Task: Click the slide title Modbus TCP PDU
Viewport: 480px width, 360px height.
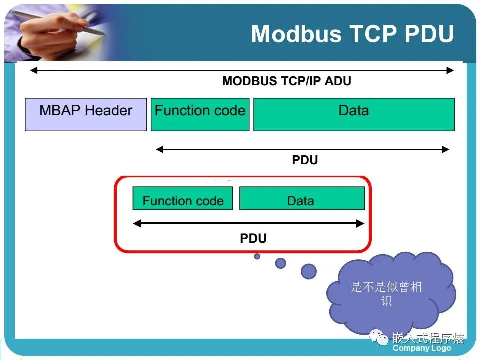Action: tap(352, 34)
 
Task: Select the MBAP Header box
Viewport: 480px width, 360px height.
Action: tap(86, 115)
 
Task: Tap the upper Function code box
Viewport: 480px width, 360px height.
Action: tap(200, 115)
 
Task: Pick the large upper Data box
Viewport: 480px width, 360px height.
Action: tap(354, 115)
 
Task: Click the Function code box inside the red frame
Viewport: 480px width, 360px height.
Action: tap(183, 199)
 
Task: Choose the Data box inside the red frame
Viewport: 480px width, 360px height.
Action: tap(302, 199)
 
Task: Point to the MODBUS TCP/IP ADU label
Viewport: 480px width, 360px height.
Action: tap(286, 81)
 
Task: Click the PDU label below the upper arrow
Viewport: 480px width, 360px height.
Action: tap(305, 160)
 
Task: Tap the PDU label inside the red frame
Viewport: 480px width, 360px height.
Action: tap(253, 238)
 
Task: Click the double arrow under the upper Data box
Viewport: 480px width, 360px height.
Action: tap(303, 149)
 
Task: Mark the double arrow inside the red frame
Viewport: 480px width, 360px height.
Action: tap(248, 224)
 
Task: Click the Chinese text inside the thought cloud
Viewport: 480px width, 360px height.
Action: tap(386, 294)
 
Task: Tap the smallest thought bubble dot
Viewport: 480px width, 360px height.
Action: tap(257, 256)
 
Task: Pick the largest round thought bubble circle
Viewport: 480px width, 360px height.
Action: tap(309, 271)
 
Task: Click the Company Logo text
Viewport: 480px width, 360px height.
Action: tap(422, 348)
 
